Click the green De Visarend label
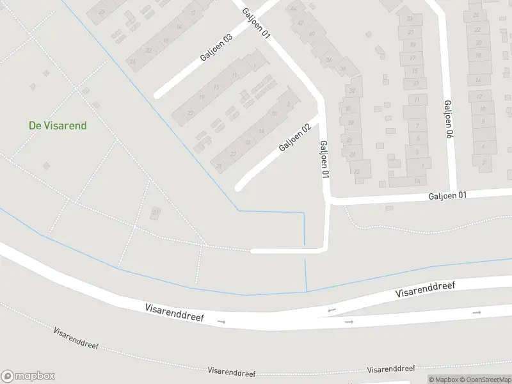coord(58,125)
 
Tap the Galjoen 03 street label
coord(216,47)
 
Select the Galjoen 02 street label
coord(295,138)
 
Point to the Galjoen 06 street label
coord(449,120)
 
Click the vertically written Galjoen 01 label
coord(324,159)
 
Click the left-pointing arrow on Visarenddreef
coord(331,310)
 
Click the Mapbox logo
coord(28,376)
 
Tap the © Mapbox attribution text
coord(442,380)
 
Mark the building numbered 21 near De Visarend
coord(156,212)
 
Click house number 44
coord(294,8)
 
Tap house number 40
coord(312,35)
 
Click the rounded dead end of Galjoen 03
coord(157,95)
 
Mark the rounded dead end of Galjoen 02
coord(239,188)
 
